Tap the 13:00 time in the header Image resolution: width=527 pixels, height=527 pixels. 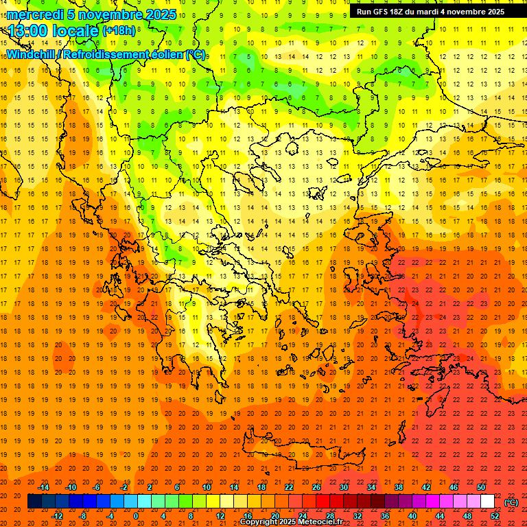31,30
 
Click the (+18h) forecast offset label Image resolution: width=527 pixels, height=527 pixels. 119,30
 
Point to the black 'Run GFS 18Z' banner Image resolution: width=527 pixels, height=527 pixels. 430,11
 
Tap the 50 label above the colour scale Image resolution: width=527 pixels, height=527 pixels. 480,487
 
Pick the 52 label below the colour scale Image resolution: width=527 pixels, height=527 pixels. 495,516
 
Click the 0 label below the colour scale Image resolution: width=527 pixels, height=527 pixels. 136,516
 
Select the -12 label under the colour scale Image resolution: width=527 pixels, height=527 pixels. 57,516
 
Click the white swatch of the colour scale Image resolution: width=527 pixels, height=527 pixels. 487,502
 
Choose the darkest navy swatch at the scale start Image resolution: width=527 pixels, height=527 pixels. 34,502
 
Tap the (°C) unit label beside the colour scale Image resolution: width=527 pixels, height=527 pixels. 511,502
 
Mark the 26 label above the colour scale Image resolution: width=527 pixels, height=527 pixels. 316,487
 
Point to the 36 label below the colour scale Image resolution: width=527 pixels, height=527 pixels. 385,516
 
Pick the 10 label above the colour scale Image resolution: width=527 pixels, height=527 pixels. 206,487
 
